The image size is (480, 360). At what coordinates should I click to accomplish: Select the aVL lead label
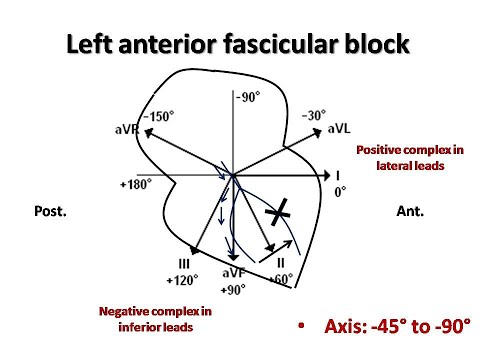point(337,130)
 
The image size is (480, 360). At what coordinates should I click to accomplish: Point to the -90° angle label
point(246,97)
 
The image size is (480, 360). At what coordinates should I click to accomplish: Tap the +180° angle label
point(136,186)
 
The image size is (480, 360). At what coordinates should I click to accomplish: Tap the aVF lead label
point(233,274)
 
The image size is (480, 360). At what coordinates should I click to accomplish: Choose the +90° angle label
point(233,289)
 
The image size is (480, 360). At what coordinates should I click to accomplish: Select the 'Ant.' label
point(410,211)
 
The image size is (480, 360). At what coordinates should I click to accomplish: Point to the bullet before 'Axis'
point(303,327)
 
